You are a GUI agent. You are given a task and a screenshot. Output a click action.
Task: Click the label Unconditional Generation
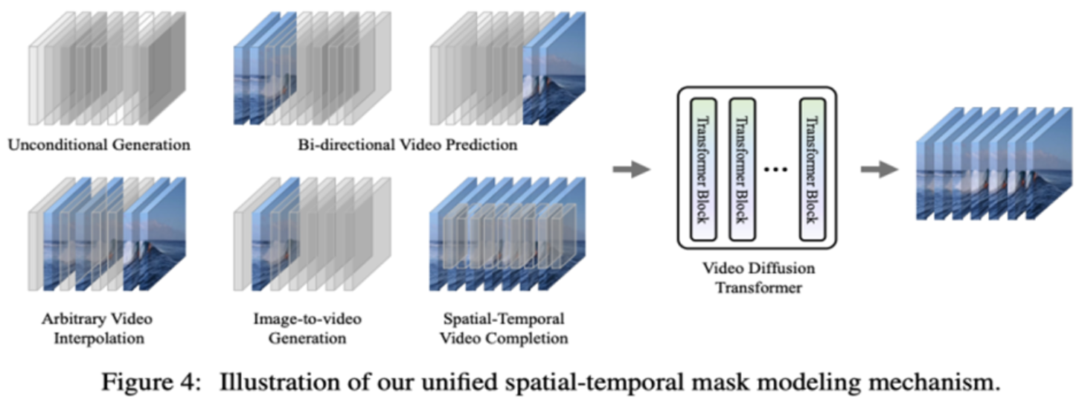(99, 144)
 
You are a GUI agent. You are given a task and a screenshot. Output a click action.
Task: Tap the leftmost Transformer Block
(703, 170)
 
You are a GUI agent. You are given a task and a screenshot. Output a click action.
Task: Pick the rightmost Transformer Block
(813, 170)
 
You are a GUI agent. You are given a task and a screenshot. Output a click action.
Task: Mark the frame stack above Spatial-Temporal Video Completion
(506, 238)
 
